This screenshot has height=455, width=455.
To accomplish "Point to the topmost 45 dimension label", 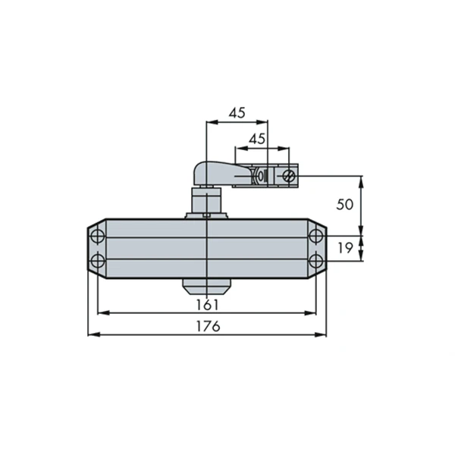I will point(237,113).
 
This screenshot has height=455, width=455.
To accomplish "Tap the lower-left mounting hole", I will point(98,262).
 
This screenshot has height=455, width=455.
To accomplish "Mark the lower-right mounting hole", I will point(316,262).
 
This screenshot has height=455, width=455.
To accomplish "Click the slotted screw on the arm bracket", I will point(289,176).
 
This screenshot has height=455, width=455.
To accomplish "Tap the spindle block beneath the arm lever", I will point(206,202).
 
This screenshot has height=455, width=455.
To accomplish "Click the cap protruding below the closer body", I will point(206,286).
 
